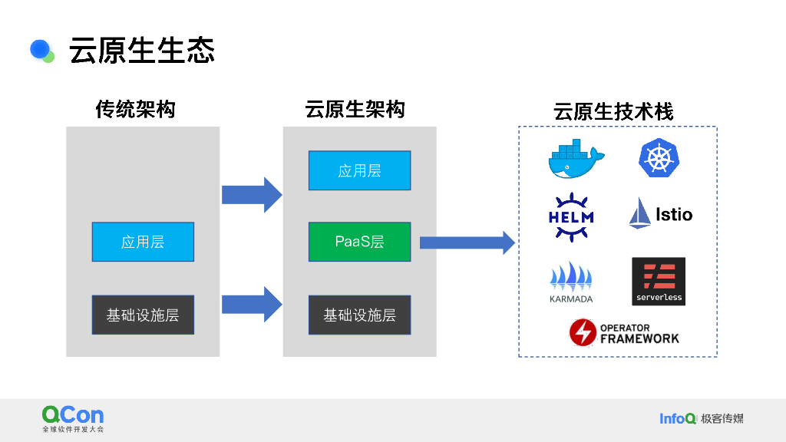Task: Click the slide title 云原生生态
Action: (142, 50)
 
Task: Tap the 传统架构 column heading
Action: (135, 110)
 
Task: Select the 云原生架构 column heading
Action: (355, 110)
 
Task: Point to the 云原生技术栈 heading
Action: (613, 112)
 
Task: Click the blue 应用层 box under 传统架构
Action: (143, 242)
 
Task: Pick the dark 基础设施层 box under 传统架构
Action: (143, 315)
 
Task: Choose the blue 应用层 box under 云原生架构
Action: (359, 170)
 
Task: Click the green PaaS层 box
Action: (359, 242)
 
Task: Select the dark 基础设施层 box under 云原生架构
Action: (359, 315)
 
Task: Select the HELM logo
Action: (571, 216)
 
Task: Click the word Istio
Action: (674, 215)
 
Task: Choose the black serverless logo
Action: (659, 282)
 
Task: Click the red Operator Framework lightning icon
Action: (583, 332)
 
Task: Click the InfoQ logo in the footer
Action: (678, 418)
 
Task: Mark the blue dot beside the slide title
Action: (40, 49)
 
